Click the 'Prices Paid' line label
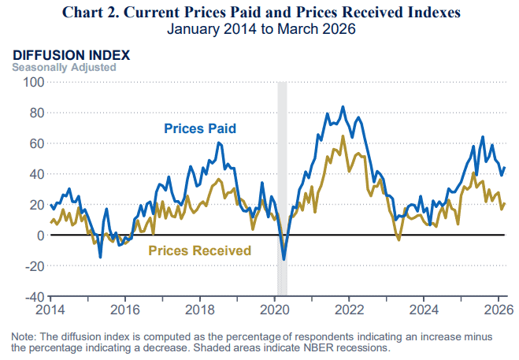tap(200, 128)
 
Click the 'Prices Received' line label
tap(199, 251)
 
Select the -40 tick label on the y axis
tap(32, 297)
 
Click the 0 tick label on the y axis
tap(39, 236)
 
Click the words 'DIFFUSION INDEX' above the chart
tap(70, 55)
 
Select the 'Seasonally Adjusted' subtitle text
tap(63, 67)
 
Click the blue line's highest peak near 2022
tap(342, 107)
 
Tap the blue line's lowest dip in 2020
tap(284, 259)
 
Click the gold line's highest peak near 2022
tap(343, 136)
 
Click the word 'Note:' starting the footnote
tap(24, 336)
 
